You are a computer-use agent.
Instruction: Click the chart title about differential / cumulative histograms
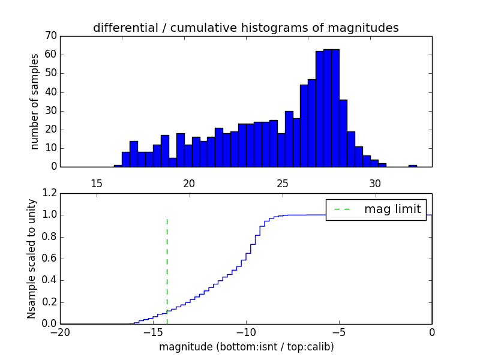click(245, 28)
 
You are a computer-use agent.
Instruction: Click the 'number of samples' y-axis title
click(35, 101)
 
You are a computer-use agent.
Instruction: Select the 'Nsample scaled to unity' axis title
click(31, 258)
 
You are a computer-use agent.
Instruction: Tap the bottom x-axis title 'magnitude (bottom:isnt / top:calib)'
click(246, 347)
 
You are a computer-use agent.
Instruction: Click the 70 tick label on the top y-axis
click(50, 36)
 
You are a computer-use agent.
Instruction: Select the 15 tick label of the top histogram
click(97, 182)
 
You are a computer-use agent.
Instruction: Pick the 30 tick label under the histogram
click(376, 182)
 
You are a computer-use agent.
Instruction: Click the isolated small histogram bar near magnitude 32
click(413, 165)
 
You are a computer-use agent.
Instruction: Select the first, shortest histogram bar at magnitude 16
click(118, 166)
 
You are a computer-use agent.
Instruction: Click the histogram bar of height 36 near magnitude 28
click(343, 133)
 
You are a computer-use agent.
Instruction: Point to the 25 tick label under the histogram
click(283, 182)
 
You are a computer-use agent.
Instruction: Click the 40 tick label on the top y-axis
click(50, 92)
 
